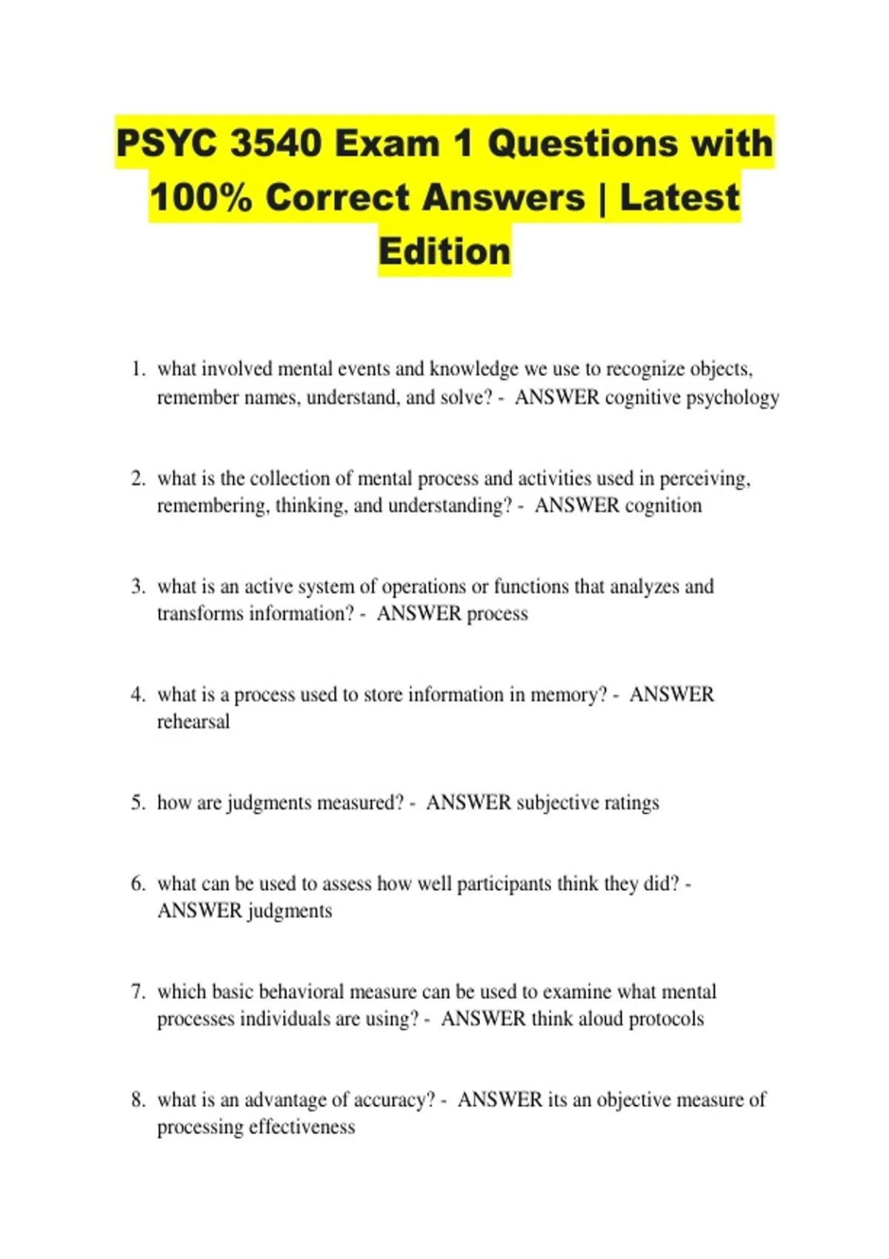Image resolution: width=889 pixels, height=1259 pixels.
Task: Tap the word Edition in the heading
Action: pos(444,251)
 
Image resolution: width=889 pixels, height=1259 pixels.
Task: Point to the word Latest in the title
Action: pos(679,198)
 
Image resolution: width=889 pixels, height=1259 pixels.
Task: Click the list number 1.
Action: pos(138,369)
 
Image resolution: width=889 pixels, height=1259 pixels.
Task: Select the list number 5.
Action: pos(138,803)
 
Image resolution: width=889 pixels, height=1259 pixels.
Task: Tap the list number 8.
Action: pos(138,1100)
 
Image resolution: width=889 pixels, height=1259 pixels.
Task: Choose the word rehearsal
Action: pos(193,722)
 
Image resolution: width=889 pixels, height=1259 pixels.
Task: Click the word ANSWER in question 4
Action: pos(671,695)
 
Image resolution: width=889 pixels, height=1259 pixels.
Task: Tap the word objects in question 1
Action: pos(721,369)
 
